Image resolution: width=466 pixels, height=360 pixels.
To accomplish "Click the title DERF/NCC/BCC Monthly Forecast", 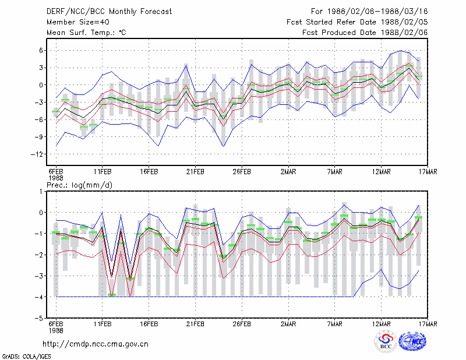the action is click(109, 12).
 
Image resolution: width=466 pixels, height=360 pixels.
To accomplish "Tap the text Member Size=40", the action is click(78, 22).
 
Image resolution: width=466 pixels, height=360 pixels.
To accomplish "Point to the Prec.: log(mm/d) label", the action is click(79, 185).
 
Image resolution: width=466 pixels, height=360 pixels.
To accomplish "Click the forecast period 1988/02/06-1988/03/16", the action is click(369, 12).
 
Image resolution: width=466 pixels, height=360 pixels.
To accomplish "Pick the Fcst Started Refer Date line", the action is click(357, 22).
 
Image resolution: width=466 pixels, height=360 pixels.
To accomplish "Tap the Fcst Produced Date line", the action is click(365, 33).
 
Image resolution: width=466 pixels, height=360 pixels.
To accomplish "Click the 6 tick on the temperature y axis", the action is click(41, 51).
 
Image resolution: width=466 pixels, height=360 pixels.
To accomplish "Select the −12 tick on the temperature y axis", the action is click(37, 154).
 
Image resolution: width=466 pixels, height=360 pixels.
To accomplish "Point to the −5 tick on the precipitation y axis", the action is click(39, 318).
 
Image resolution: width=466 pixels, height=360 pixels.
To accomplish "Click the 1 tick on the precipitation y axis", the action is click(41, 192).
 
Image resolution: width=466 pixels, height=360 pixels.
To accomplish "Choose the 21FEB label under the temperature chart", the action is click(195, 172).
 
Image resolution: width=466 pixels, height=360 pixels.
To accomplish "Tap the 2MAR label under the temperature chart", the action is click(288, 172).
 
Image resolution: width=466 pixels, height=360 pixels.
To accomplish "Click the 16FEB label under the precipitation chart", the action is click(149, 324).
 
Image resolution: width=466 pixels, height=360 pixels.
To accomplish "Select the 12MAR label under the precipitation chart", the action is click(382, 324).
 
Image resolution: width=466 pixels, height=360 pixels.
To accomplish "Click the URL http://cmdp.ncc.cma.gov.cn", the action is click(96, 344).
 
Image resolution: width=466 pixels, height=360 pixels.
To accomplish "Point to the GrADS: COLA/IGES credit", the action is click(26, 357).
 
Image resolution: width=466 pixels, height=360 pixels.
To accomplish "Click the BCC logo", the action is click(386, 342).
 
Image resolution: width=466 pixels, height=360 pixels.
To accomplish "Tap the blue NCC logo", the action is click(412, 342).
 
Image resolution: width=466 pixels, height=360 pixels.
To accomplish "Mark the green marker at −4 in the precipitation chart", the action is click(112, 295).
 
